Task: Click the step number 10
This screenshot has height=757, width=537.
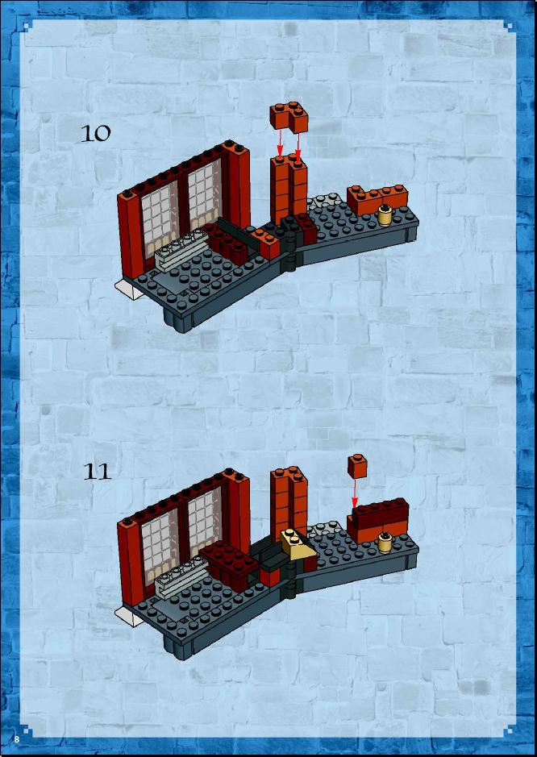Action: click(96, 133)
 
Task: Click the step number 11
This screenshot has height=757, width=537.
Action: click(97, 471)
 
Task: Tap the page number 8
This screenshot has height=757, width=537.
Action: click(17, 739)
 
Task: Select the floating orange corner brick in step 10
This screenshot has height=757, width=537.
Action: click(289, 118)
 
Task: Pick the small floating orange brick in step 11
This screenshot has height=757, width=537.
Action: click(357, 466)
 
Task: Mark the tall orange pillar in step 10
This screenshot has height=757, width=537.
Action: click(289, 189)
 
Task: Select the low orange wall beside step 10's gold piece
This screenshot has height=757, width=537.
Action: click(377, 199)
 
